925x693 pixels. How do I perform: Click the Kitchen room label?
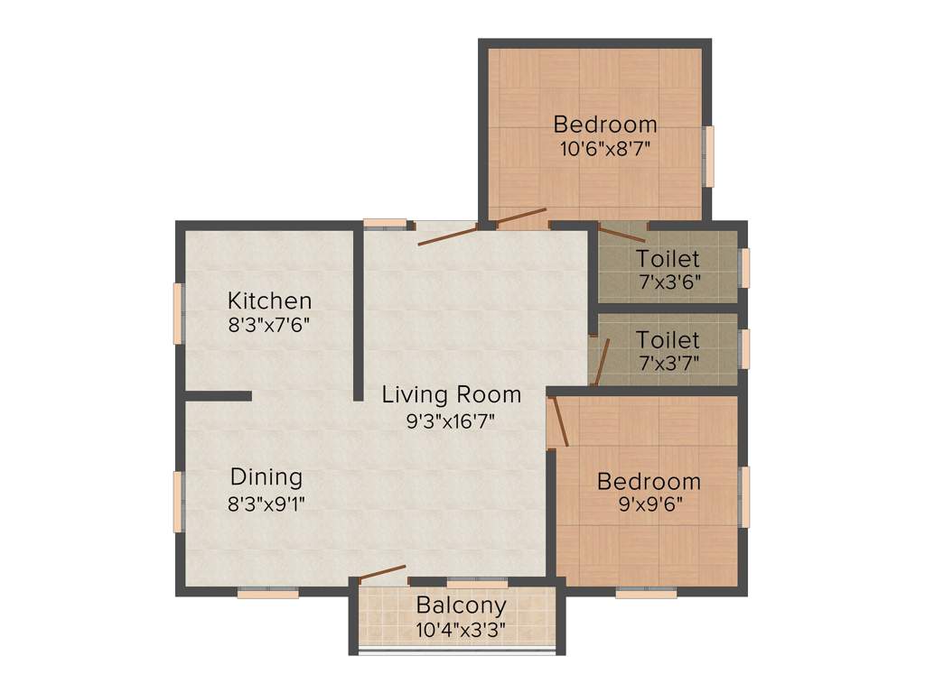pyautogui.click(x=269, y=300)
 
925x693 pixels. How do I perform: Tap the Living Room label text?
pyautogui.click(x=451, y=394)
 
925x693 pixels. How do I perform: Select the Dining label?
pyautogui.click(x=266, y=477)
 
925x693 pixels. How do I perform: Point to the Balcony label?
pyautogui.click(x=461, y=605)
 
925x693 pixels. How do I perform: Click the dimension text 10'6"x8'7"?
pyautogui.click(x=605, y=149)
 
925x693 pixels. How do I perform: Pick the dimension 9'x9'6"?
pyautogui.click(x=649, y=505)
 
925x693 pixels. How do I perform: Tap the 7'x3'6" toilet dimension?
pyautogui.click(x=668, y=282)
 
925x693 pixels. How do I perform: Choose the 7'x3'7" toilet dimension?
pyautogui.click(x=668, y=363)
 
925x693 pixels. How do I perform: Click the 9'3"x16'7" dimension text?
pyautogui.click(x=451, y=420)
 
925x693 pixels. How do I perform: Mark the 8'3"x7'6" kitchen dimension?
pyautogui.click(x=269, y=325)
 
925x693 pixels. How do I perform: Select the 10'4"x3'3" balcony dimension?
pyautogui.click(x=461, y=629)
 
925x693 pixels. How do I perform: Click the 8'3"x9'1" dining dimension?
pyautogui.click(x=266, y=503)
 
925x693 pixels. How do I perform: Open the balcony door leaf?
pyautogui.click(x=382, y=573)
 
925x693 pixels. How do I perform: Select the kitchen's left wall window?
pyautogui.click(x=179, y=313)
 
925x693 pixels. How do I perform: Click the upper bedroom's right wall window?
pyautogui.click(x=709, y=156)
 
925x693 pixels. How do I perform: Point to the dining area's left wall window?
pyautogui.click(x=179, y=501)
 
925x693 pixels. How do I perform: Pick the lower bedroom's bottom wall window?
pyautogui.click(x=646, y=594)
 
